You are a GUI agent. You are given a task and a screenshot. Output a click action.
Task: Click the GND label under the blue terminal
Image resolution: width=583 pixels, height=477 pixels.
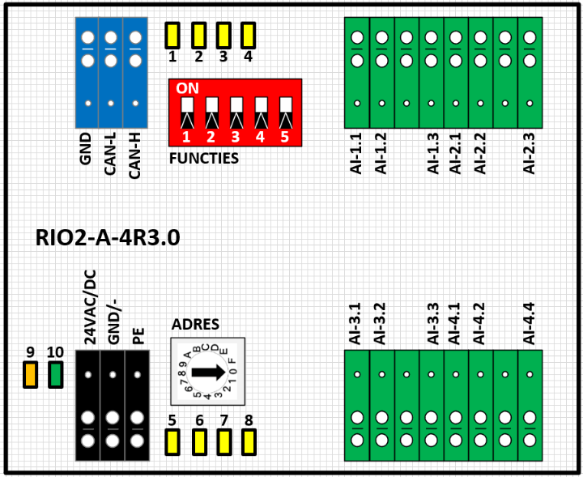click(x=85, y=149)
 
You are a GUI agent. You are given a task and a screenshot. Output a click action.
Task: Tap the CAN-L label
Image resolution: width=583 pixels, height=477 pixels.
click(x=110, y=154)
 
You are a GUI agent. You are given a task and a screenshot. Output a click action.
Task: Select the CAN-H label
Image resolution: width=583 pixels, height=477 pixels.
click(x=134, y=155)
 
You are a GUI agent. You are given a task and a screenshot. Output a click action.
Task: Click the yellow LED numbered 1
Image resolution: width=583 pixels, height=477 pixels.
click(x=172, y=36)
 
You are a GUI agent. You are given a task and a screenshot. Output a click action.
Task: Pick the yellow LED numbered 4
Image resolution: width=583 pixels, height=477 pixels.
click(x=248, y=36)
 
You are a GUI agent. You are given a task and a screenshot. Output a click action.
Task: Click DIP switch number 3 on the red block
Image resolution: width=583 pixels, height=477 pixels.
click(x=236, y=113)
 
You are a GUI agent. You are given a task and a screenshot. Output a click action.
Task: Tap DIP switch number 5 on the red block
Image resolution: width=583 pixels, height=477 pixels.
click(x=286, y=113)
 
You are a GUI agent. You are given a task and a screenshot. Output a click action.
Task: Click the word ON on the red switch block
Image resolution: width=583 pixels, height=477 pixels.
click(x=187, y=88)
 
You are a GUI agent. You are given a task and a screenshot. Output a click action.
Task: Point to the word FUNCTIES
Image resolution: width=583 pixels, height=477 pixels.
click(x=204, y=159)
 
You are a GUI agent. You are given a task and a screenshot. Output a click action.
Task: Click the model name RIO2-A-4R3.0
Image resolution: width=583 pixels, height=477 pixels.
click(x=108, y=237)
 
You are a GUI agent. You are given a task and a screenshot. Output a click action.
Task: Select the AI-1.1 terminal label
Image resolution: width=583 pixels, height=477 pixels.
click(x=355, y=154)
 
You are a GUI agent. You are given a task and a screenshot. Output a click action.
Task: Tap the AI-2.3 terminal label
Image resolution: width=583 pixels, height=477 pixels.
click(x=529, y=154)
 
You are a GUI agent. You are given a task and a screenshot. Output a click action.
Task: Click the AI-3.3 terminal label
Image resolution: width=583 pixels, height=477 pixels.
click(x=433, y=323)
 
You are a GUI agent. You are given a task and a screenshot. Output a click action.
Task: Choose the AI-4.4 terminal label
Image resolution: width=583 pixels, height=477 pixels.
click(x=529, y=323)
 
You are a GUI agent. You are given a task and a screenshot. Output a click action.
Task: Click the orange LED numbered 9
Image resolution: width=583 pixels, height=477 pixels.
click(x=31, y=375)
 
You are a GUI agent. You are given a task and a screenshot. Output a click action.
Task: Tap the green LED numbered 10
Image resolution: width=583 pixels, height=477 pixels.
click(x=56, y=375)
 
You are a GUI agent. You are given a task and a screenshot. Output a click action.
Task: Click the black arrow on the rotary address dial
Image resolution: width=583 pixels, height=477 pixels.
click(x=209, y=372)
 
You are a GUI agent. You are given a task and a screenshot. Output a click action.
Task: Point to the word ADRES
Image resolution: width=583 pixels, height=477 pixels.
click(x=195, y=325)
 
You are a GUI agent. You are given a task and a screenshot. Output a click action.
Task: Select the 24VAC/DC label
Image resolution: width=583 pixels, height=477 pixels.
click(x=90, y=307)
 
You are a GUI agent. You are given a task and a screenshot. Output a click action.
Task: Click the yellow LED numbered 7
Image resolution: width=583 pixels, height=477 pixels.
click(x=223, y=442)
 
